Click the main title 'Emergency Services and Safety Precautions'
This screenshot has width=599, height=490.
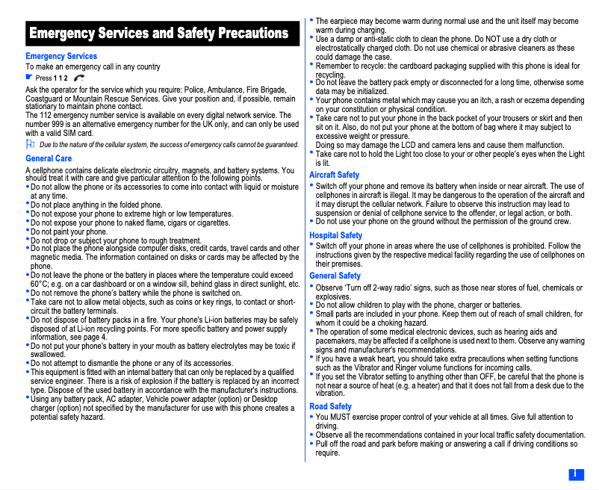click(x=158, y=34)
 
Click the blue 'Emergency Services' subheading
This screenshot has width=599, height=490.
click(x=61, y=56)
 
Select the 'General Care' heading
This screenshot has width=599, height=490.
click(x=49, y=158)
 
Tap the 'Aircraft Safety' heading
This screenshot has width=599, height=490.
click(x=334, y=175)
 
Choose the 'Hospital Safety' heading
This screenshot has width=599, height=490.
click(x=335, y=235)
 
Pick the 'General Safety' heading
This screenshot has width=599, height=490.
click(x=335, y=276)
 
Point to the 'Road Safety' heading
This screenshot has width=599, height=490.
click(x=330, y=406)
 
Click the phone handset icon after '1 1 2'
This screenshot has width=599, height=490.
click(x=80, y=78)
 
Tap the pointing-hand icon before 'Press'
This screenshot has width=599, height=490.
click(x=29, y=77)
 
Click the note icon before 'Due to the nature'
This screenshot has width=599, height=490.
click(x=30, y=143)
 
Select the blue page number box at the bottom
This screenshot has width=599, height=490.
click(x=576, y=474)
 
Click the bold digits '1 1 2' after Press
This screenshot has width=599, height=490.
click(x=60, y=78)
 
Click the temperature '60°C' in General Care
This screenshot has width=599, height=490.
click(x=40, y=285)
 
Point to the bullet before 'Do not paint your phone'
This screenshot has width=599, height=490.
click(x=28, y=232)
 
